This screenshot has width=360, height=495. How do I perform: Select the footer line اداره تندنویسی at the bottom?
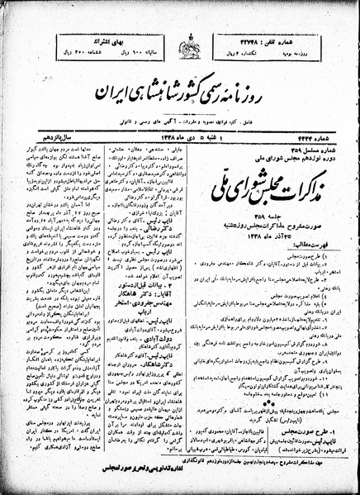click(180, 481)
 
